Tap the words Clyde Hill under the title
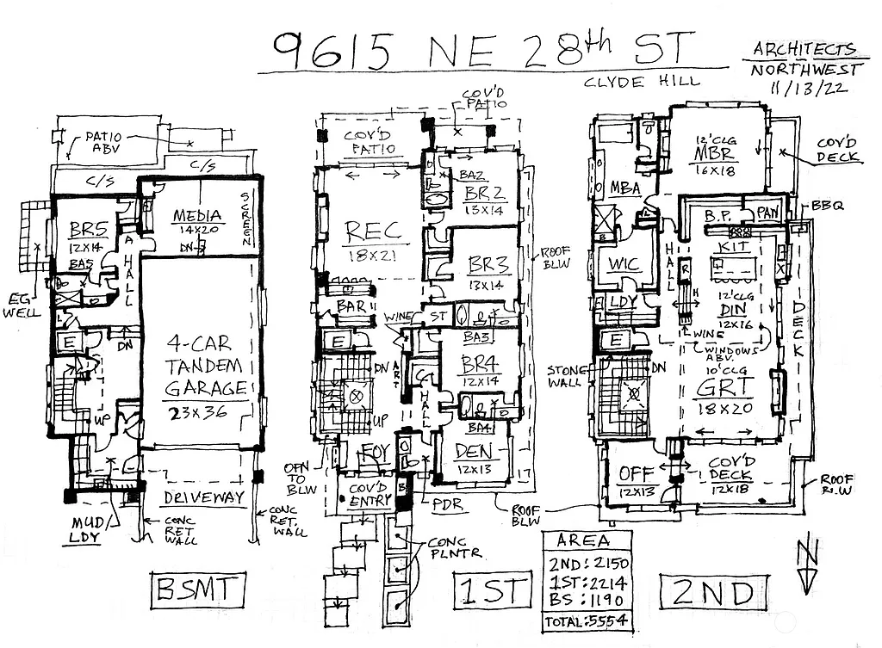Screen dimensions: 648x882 click(x=640, y=82)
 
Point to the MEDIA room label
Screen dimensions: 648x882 click(x=198, y=216)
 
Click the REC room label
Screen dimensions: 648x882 click(x=373, y=231)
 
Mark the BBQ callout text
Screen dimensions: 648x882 click(x=829, y=207)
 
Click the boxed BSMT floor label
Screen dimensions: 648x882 click(x=194, y=592)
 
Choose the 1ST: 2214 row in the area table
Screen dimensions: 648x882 click(x=586, y=582)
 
